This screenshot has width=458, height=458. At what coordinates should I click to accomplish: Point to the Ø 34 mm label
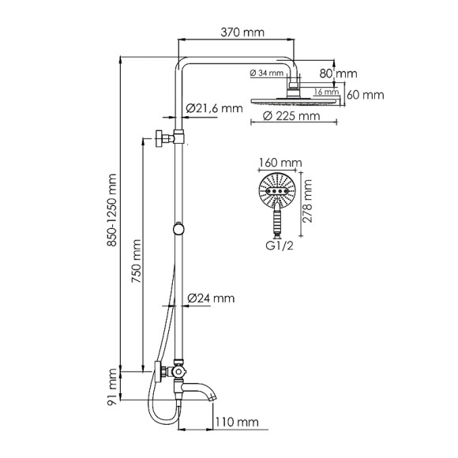click(x=268, y=74)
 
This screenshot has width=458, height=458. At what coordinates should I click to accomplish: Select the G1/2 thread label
click(x=279, y=244)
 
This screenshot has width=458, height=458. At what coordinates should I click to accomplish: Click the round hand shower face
click(x=277, y=192)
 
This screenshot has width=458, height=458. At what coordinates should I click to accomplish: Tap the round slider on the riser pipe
click(x=181, y=229)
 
